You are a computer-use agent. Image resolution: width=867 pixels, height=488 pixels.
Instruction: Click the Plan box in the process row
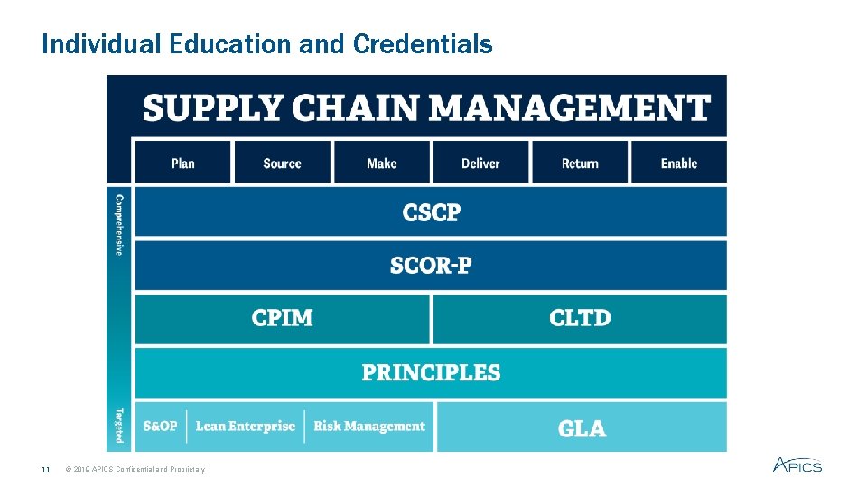point(182,163)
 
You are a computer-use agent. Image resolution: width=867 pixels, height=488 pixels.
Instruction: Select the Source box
point(282,163)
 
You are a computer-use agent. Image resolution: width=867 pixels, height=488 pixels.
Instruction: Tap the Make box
point(381,163)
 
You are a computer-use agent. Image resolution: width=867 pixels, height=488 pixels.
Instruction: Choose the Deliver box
point(480,163)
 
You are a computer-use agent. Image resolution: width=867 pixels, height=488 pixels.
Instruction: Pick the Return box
point(580,163)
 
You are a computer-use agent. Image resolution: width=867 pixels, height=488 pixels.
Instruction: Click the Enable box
point(679,163)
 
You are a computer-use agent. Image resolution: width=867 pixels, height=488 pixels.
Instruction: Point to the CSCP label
point(431,212)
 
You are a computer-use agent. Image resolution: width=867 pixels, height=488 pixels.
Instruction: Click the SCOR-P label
point(431,266)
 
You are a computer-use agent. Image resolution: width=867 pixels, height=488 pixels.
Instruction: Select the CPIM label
point(283,318)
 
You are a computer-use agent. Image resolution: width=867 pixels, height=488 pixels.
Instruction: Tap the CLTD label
point(580,318)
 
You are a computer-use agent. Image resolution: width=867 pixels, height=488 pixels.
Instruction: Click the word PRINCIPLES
point(431,372)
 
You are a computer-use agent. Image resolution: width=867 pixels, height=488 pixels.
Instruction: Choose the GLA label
point(582,427)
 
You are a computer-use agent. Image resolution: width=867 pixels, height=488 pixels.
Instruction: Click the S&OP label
point(160,427)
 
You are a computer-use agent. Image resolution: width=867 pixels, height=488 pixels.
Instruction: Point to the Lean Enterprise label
point(246,427)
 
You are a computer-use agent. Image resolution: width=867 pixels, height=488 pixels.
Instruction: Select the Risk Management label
point(368,427)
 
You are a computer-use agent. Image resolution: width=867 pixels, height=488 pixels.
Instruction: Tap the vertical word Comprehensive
point(118,222)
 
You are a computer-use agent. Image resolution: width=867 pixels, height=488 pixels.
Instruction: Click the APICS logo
point(797,465)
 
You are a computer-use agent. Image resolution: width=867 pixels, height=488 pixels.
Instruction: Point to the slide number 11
point(44,469)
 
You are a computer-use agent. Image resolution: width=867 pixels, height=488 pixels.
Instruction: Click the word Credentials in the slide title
point(423,43)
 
